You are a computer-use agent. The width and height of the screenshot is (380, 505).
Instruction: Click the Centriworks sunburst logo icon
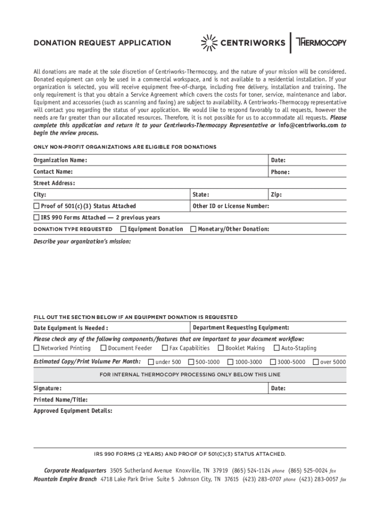[209, 42]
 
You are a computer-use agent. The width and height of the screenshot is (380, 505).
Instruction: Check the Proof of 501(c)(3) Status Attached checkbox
[37, 206]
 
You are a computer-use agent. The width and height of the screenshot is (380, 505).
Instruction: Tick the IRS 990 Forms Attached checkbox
[37, 217]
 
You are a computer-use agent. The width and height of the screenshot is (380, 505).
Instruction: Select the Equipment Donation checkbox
[123, 229]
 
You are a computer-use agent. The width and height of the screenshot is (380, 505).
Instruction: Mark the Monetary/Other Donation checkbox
[193, 229]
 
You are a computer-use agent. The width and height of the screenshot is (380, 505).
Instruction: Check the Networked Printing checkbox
[37, 348]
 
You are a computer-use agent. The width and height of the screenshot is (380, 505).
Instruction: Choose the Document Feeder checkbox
[104, 348]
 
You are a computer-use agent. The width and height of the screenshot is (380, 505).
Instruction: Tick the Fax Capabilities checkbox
[165, 348]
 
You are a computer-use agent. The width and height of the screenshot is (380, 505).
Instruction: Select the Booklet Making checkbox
[221, 348]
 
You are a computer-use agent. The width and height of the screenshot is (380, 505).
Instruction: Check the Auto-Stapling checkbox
[277, 348]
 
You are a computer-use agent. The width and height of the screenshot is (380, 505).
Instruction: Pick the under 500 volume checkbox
[151, 362]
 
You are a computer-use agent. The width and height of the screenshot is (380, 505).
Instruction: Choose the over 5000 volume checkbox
[316, 362]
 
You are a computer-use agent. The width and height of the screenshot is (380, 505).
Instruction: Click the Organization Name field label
[60, 160]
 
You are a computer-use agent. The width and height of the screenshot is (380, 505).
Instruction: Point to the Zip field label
[276, 195]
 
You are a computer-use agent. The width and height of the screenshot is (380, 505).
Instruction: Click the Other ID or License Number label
[231, 206]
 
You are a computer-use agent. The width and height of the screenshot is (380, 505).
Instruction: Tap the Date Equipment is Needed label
[71, 328]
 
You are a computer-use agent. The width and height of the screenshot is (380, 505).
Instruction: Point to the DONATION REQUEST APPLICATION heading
[102, 43]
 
